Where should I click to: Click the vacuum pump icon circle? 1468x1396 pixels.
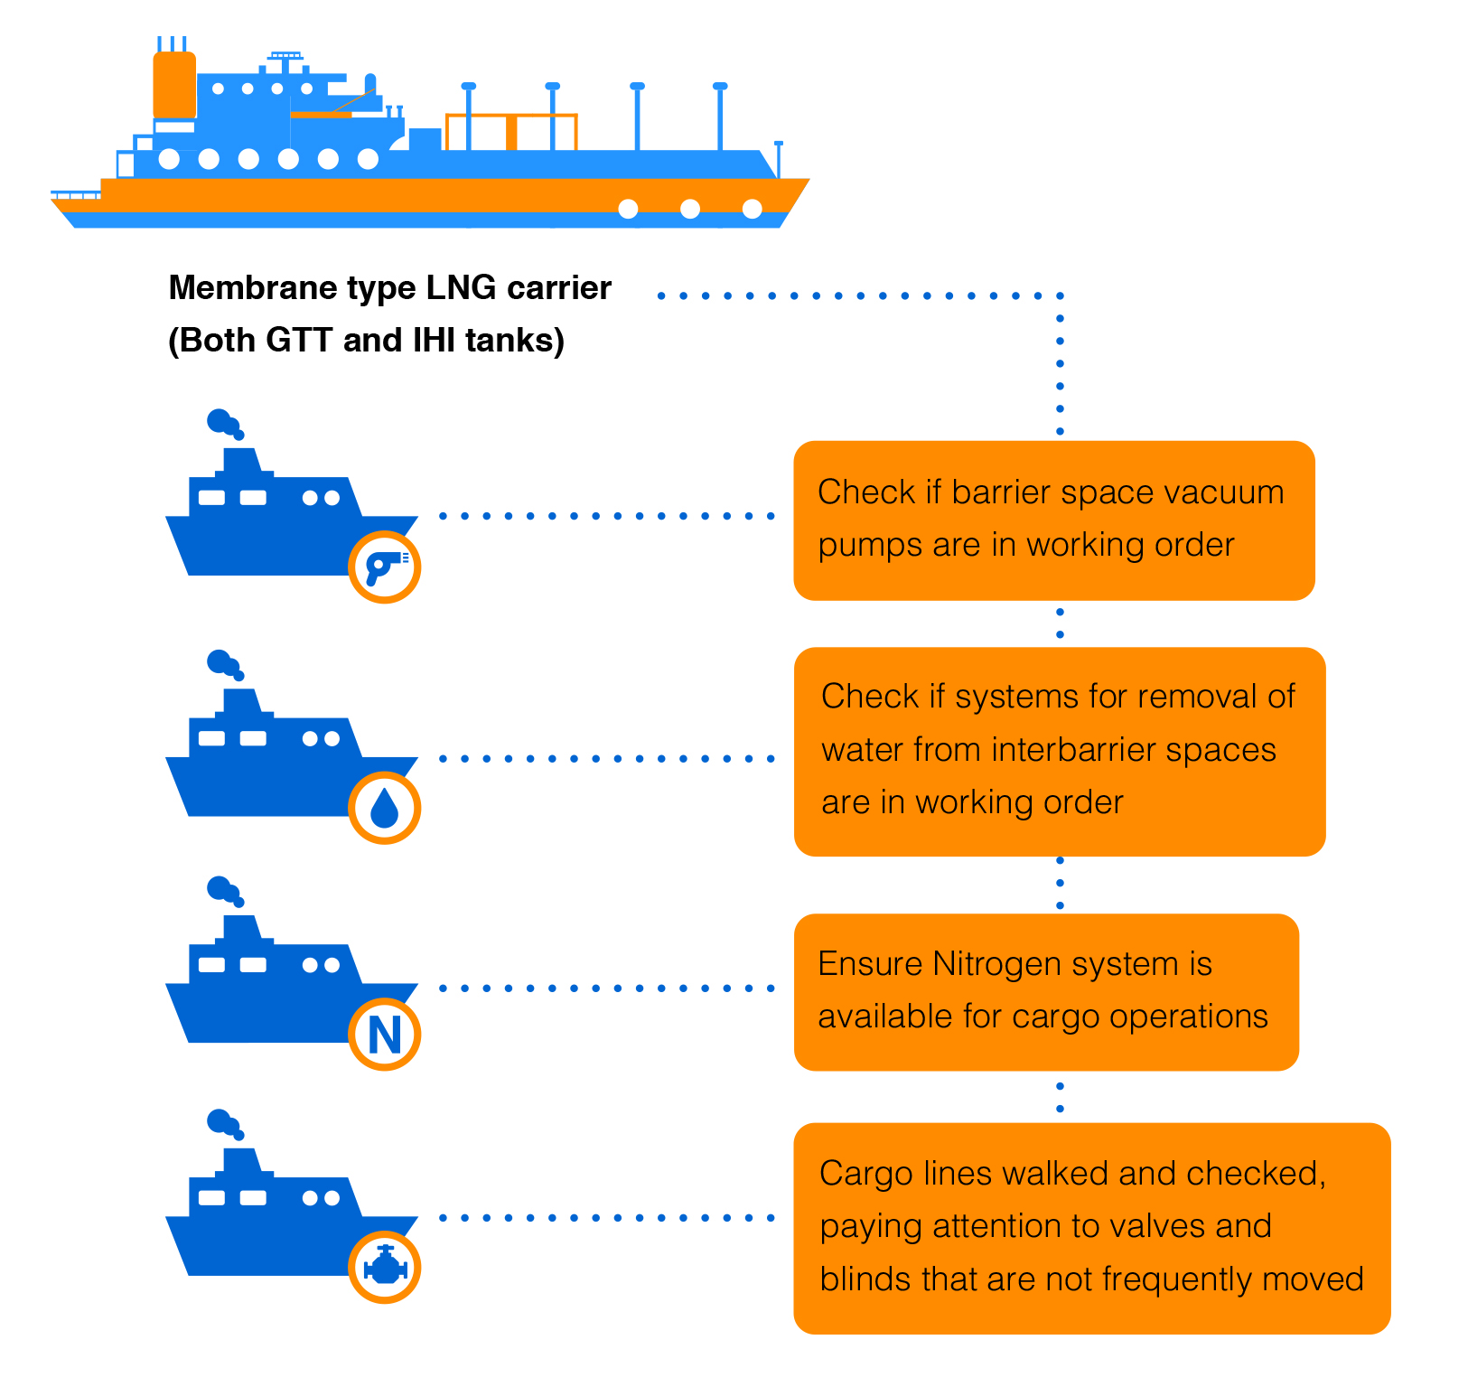pyautogui.click(x=385, y=567)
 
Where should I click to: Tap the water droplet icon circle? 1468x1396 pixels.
pyautogui.click(x=385, y=808)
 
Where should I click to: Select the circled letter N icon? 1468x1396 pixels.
pyautogui.click(x=385, y=1035)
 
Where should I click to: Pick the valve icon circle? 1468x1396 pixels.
pyautogui.click(x=385, y=1267)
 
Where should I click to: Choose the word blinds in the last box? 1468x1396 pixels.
pyautogui.click(x=865, y=1279)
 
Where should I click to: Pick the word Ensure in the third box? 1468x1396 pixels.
pyautogui.click(x=870, y=964)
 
